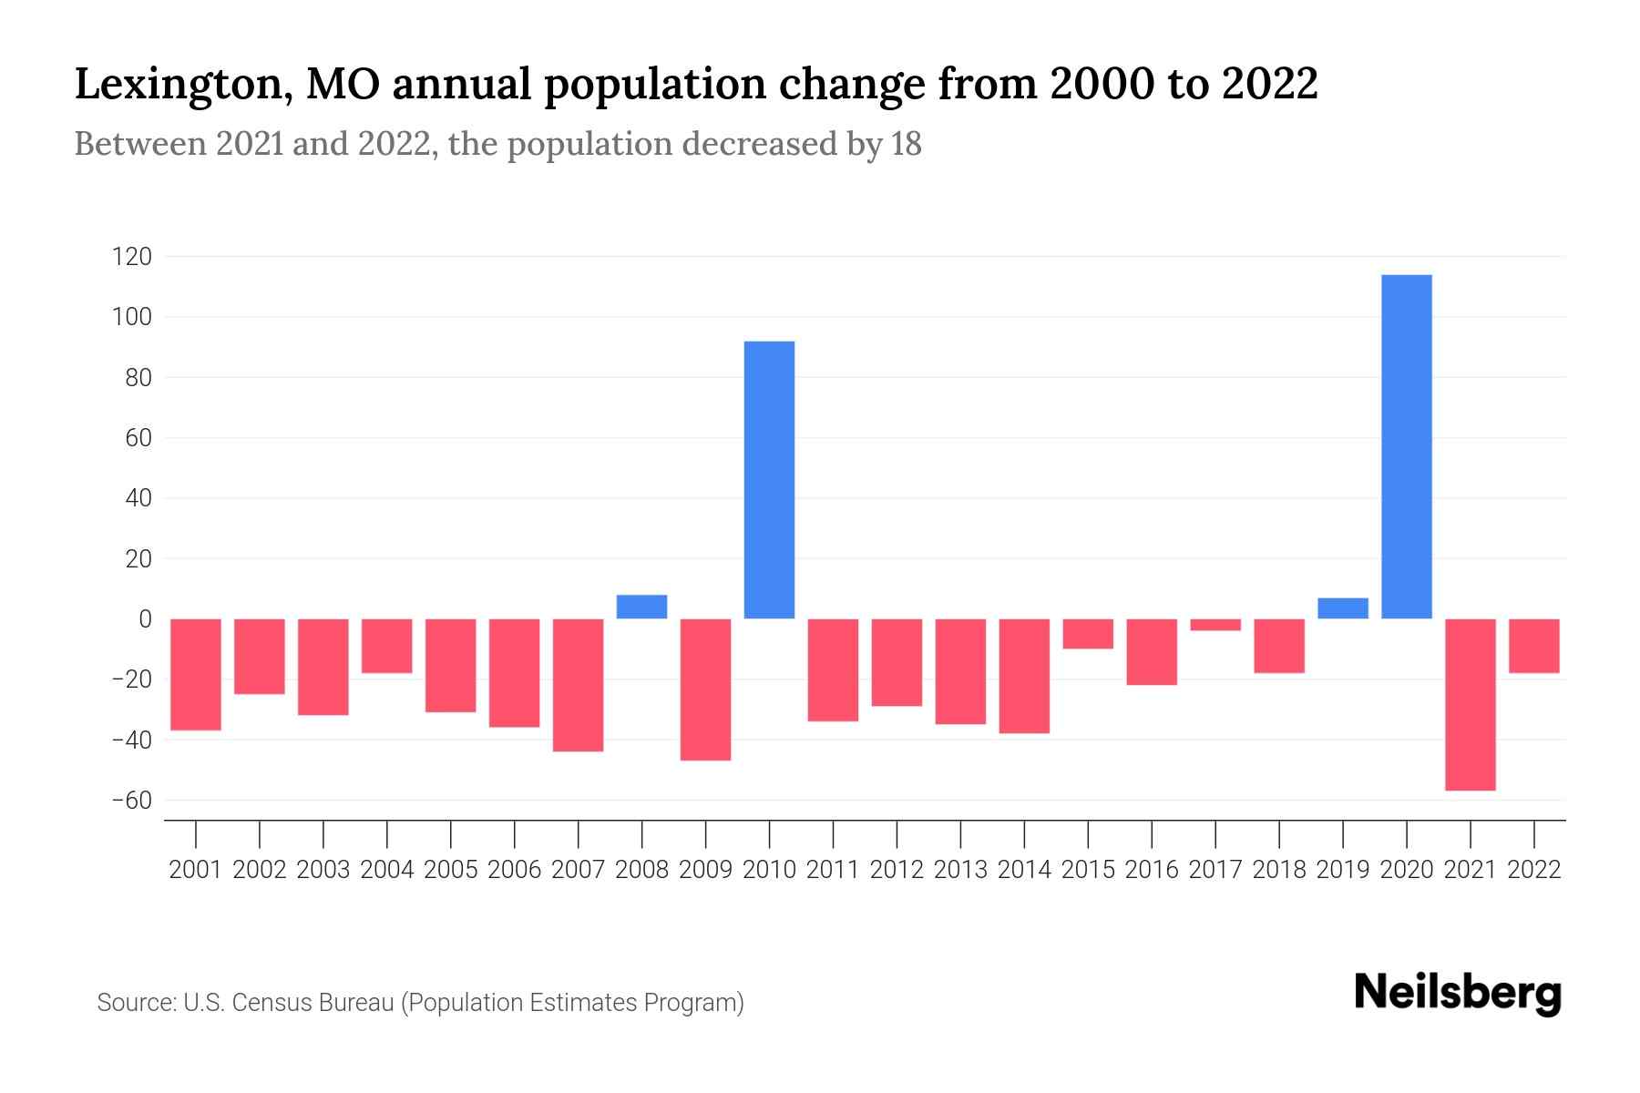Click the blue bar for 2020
[1407, 446]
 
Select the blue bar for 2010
[770, 480]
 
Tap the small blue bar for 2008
[642, 607]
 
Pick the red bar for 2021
[1471, 704]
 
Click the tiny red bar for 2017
[1215, 625]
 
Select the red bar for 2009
[706, 690]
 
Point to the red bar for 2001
[196, 674]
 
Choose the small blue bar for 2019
[1343, 608]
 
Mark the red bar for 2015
[1088, 634]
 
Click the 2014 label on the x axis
[1024, 870]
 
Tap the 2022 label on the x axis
[1534, 870]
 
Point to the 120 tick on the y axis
[131, 257]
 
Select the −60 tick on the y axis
[131, 801]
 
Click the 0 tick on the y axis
[145, 619]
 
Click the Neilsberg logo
[1458, 994]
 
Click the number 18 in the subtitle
[907, 144]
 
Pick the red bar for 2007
[579, 685]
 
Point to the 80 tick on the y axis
[138, 378]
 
